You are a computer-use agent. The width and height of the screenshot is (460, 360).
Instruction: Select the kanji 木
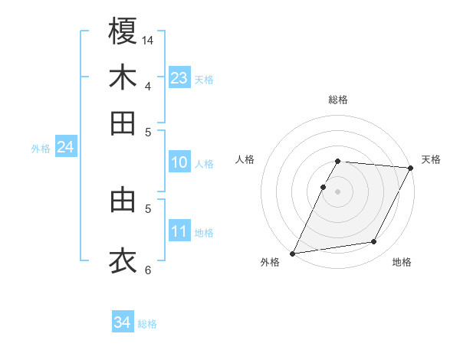[x=123, y=77]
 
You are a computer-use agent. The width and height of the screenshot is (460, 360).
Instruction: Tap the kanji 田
[x=123, y=123]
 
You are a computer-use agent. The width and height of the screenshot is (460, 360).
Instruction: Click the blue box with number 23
[x=179, y=78]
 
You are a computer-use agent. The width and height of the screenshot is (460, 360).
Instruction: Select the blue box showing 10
[x=179, y=162]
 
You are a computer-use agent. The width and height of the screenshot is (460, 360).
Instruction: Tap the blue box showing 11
[x=179, y=231]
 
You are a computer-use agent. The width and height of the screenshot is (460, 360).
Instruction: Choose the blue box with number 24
[x=65, y=147]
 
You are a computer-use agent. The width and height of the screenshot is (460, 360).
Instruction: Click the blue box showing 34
[x=122, y=322]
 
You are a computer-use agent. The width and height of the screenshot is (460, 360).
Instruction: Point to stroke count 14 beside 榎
[x=149, y=39]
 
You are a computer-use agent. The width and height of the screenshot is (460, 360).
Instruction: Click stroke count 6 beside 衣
[x=148, y=270]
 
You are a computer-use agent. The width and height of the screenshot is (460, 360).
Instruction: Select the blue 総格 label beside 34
[x=147, y=324]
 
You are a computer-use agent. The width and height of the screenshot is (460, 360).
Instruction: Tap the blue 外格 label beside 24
[x=40, y=149]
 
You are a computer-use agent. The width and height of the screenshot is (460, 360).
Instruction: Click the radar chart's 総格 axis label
[x=338, y=100]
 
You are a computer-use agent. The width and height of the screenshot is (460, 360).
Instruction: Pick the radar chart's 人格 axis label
[x=245, y=159]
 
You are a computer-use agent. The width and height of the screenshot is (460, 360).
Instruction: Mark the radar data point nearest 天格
[x=411, y=168]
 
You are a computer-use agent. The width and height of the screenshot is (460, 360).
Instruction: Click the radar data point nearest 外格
[x=293, y=254]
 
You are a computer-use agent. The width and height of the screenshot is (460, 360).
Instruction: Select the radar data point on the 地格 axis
[x=374, y=242]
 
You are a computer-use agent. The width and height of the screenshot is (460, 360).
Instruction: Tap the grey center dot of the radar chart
[x=338, y=191]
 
